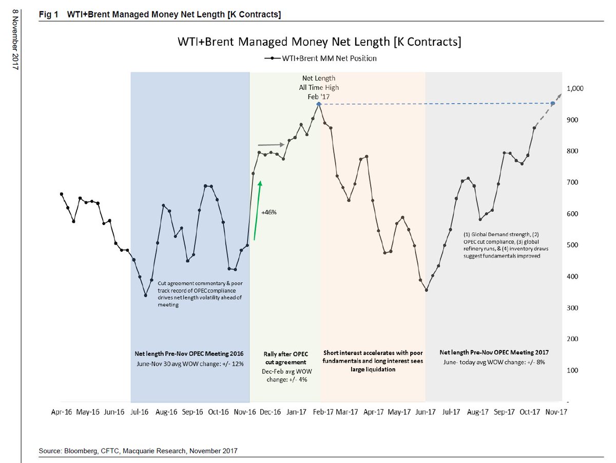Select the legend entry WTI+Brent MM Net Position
(x=320, y=58)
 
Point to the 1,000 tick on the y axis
(x=575, y=89)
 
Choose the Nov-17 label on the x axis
(x=556, y=412)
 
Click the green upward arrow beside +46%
(x=258, y=210)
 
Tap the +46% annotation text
(x=269, y=212)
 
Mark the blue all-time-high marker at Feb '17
(x=319, y=104)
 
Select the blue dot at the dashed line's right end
(x=553, y=103)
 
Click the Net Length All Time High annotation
(x=319, y=87)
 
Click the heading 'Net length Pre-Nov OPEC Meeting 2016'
(x=189, y=354)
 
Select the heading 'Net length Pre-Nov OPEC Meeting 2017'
(x=494, y=353)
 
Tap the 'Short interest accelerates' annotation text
(x=373, y=361)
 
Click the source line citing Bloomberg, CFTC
(x=138, y=451)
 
